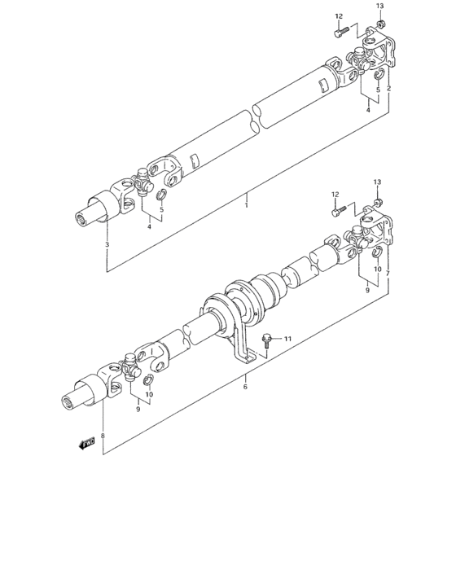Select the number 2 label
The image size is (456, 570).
(389, 88)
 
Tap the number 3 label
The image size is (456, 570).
(107, 244)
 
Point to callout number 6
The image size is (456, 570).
(245, 387)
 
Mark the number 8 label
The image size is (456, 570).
(103, 436)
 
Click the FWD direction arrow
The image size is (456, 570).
(85, 443)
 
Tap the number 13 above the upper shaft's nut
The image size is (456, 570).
(379, 7)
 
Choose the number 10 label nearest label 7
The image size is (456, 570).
(378, 269)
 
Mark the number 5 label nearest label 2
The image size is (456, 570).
(378, 90)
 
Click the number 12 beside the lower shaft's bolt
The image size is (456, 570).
(335, 194)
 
